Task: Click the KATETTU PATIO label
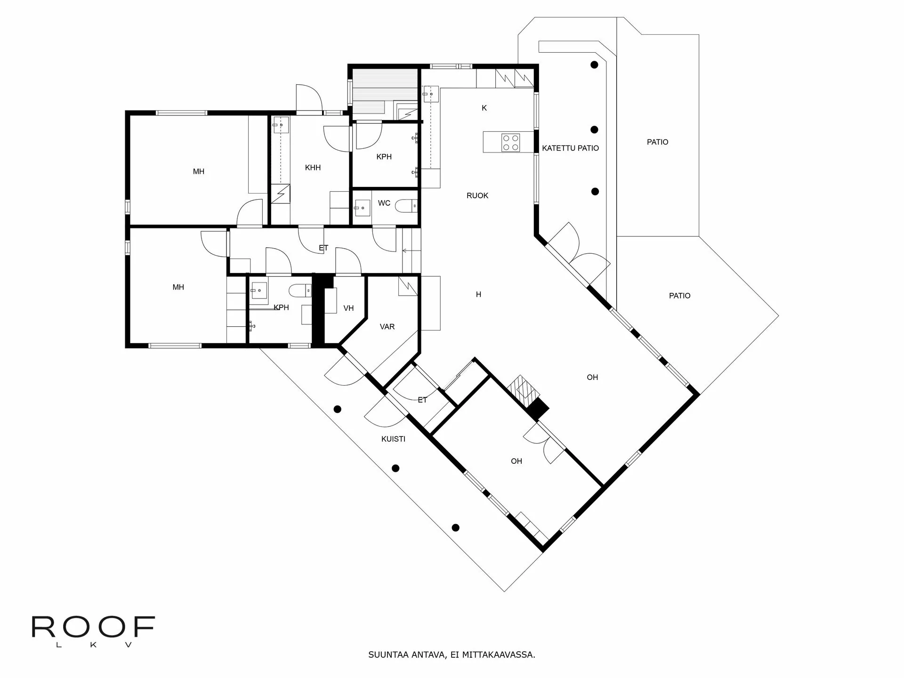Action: [570, 148]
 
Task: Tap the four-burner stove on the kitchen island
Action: [510, 142]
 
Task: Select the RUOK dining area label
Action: [477, 195]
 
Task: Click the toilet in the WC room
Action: [406, 206]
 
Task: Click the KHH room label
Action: [313, 167]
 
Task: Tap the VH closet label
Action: [348, 308]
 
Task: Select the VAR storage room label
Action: [387, 326]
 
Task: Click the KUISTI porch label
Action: [393, 439]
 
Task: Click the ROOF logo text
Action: [93, 627]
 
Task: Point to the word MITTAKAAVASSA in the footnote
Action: [499, 655]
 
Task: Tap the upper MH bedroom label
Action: [199, 171]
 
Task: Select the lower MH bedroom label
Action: [178, 287]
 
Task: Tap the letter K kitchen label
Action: [484, 108]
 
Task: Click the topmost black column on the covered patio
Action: [595, 65]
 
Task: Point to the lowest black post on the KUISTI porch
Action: [455, 528]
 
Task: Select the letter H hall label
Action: [478, 294]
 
